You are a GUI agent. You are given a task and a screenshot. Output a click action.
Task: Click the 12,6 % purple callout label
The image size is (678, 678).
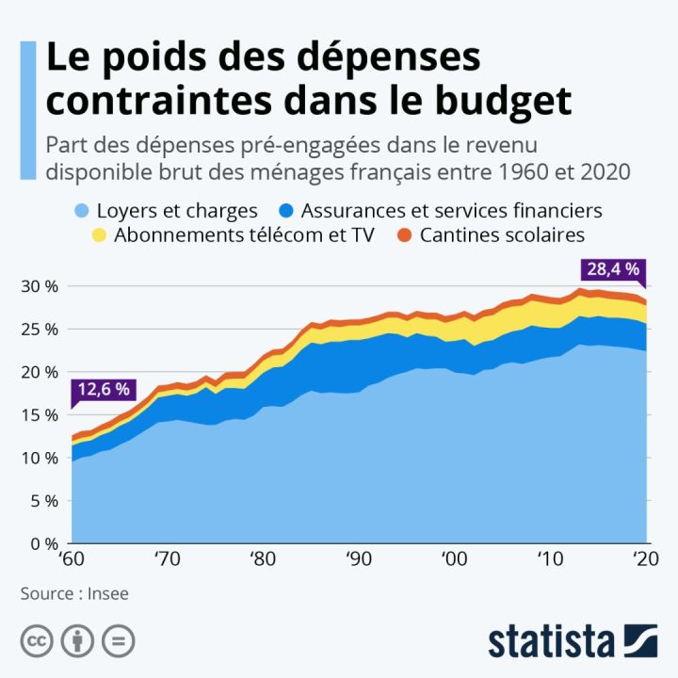click(105, 389)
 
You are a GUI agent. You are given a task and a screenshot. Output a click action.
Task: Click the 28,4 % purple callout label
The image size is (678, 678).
click(613, 269)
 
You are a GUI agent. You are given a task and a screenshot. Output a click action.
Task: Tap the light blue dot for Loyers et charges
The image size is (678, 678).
click(81, 211)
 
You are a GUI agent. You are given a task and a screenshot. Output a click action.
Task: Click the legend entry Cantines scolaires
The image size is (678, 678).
click(503, 235)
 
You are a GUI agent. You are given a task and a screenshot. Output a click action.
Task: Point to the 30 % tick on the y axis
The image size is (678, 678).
click(38, 286)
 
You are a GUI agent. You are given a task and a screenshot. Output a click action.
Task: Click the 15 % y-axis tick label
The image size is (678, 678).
click(38, 415)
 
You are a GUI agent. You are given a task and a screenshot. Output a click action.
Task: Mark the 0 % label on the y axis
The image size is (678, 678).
click(42, 544)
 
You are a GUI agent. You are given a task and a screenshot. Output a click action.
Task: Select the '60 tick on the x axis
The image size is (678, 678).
click(71, 558)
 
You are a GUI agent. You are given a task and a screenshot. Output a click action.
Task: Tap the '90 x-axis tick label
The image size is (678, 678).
click(358, 558)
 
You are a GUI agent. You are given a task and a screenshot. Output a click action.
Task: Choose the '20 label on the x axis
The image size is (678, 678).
click(644, 558)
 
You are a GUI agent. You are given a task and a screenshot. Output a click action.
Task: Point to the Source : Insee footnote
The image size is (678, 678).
click(74, 593)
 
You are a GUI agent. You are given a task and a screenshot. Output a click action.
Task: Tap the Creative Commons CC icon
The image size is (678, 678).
click(38, 641)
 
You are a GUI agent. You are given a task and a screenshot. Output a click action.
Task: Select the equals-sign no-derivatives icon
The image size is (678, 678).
click(117, 641)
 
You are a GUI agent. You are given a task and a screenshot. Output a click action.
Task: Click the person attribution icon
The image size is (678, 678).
click(77, 641)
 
